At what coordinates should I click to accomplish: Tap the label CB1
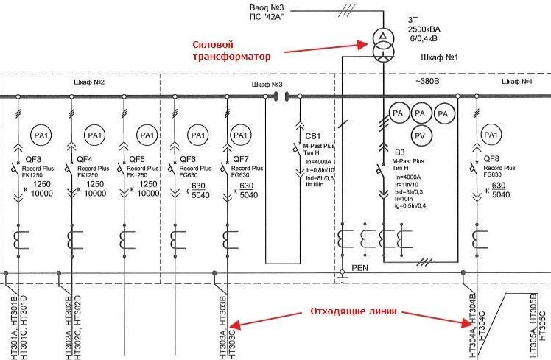point(313,136)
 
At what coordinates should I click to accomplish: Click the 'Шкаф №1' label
point(439,56)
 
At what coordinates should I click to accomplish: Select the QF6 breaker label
point(189,159)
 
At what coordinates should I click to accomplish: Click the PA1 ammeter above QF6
point(197,135)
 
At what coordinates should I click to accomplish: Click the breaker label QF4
point(85,159)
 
